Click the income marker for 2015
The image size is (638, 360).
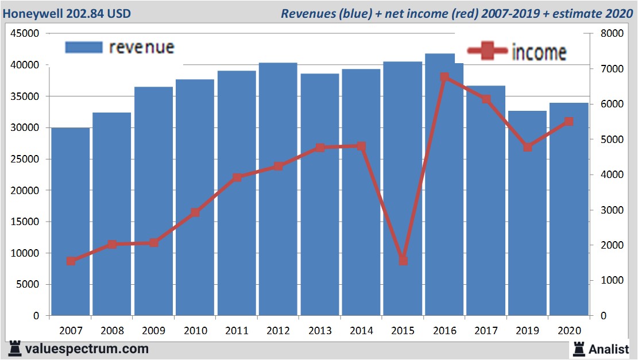(403, 261)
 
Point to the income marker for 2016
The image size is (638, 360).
(444, 77)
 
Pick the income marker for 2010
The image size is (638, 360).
(195, 212)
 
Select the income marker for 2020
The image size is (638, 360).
(569, 122)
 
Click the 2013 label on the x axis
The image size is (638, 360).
(320, 331)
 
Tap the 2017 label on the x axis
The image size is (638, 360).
(486, 331)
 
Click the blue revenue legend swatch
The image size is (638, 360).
(83, 47)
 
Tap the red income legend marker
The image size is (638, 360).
(487, 52)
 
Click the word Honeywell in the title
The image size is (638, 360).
(32, 13)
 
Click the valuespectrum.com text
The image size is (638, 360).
(87, 349)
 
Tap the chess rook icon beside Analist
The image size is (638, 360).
(579, 349)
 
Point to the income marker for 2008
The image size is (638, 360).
(112, 245)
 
